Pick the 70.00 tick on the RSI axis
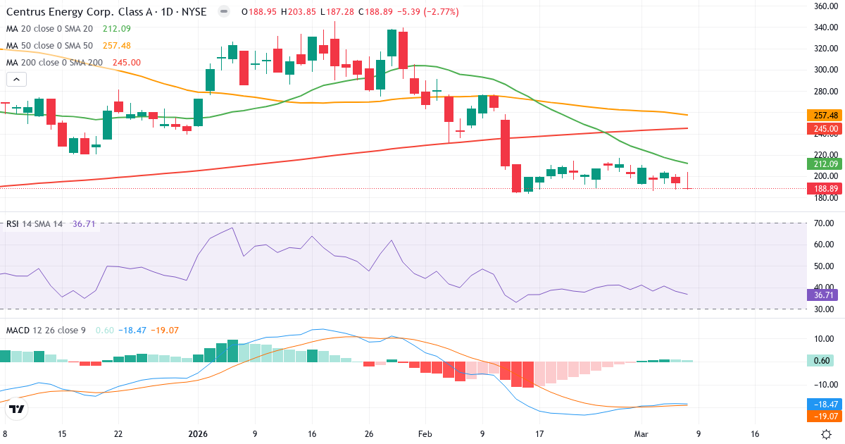pyautogui.click(x=823, y=223)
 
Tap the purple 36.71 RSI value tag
pyautogui.click(x=824, y=295)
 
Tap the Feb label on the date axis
pyautogui.click(x=425, y=434)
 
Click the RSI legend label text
pyautogui.click(x=13, y=224)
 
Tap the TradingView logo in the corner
pyautogui.click(x=17, y=409)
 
